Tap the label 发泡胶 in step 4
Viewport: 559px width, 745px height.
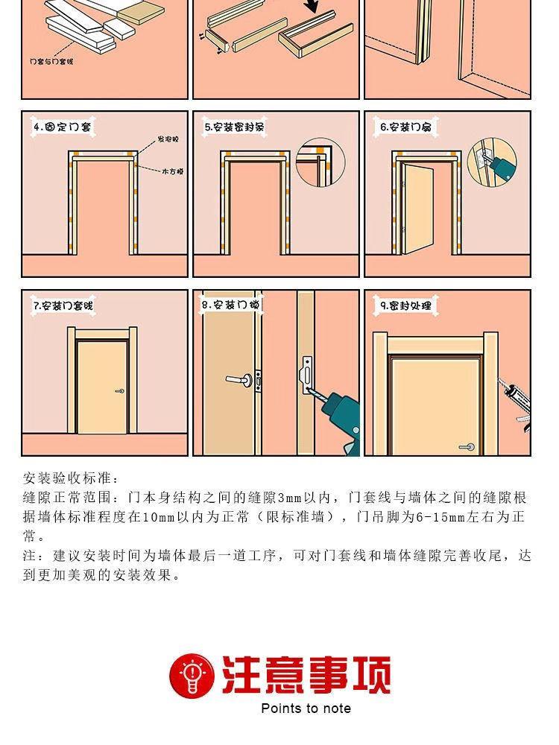(167, 140)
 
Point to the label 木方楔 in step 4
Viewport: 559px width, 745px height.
(172, 171)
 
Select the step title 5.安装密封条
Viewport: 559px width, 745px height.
(235, 127)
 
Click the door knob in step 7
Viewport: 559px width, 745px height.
(119, 391)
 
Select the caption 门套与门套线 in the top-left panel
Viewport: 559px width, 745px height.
(51, 61)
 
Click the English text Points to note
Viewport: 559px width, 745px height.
(306, 708)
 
